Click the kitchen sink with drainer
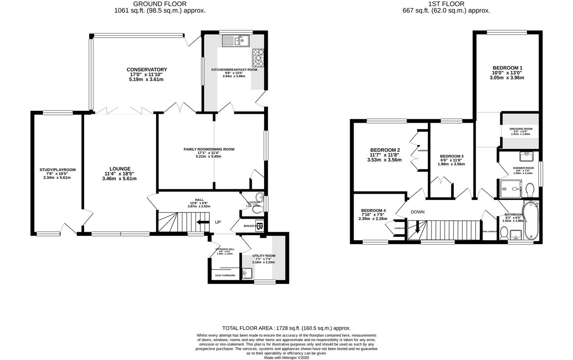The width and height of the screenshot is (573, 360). (x=236, y=40)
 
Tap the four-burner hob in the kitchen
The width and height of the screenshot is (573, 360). (x=258, y=58)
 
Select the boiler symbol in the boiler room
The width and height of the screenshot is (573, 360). (x=260, y=226)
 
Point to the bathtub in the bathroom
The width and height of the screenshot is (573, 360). (x=531, y=220)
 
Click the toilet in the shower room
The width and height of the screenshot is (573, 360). (x=529, y=188)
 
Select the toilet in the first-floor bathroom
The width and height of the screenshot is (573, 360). (x=504, y=233)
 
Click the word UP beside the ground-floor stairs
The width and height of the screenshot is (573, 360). (x=218, y=222)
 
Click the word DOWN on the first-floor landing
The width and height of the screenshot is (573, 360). (x=417, y=212)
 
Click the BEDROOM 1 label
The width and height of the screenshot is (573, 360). (x=508, y=68)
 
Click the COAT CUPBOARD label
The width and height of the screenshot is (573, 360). (x=225, y=276)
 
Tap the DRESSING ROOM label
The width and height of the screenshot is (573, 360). (x=521, y=129)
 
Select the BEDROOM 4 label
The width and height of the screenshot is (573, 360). (x=374, y=211)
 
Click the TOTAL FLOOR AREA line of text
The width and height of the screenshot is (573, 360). (x=286, y=328)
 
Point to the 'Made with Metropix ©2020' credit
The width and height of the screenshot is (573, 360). (x=286, y=357)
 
